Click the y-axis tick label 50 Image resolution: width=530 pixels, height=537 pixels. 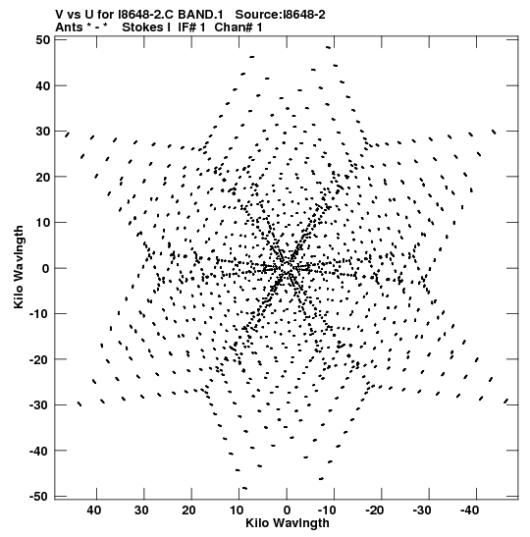point(42,39)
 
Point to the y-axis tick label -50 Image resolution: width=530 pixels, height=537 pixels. point(39,496)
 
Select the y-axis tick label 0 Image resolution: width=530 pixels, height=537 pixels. point(46,268)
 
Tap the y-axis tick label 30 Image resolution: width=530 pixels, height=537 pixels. point(42,132)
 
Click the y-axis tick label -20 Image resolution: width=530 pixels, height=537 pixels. point(39,359)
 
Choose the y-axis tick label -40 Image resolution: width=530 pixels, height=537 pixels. point(39,451)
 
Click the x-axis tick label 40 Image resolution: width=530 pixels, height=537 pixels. point(94,510)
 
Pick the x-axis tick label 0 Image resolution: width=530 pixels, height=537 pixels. point(287,510)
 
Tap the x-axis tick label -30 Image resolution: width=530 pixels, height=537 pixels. point(421,510)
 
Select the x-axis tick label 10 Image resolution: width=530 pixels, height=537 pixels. point(237,510)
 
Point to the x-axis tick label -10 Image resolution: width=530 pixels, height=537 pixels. point(327,510)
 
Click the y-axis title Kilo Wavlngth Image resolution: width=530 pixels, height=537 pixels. point(19,267)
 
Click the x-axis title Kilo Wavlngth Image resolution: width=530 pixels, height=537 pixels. point(288,523)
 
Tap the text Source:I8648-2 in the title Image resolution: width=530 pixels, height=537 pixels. point(280,15)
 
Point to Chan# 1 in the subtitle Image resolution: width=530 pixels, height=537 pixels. point(238,27)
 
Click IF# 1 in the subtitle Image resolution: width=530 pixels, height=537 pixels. point(191,27)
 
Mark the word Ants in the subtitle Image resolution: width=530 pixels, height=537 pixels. point(69,27)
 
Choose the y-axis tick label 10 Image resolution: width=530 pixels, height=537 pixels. point(42,222)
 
